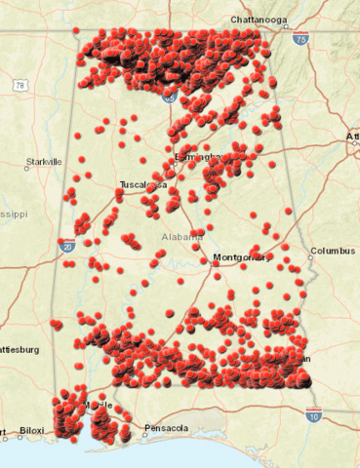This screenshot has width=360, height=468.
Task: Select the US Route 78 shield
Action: tap(20, 86)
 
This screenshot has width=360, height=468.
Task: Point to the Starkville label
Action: tap(44, 161)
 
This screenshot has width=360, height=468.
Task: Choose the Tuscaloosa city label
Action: tap(142, 184)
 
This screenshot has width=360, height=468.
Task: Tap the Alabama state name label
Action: tap(182, 236)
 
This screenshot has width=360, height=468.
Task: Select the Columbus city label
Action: tap(333, 251)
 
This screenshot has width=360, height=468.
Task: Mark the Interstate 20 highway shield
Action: tap(66, 246)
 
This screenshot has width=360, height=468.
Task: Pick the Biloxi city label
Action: tap(32, 429)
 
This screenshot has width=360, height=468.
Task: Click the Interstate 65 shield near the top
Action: tap(170, 97)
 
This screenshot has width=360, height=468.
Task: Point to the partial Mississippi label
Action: tap(14, 212)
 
